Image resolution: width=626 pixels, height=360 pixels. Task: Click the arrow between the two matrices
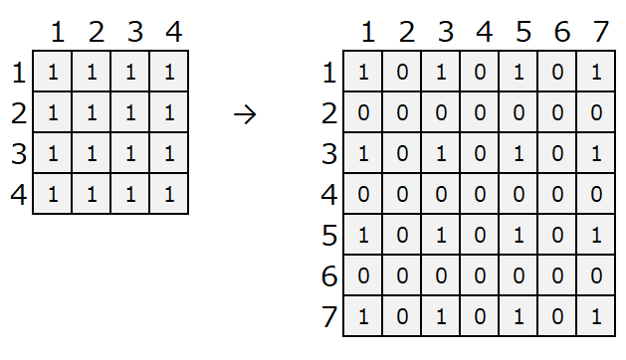coord(245,115)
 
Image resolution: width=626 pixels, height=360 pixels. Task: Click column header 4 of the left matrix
coord(174,32)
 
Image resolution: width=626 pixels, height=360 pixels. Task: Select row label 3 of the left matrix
coord(19,154)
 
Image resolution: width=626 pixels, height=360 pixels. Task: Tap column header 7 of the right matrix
coord(600,32)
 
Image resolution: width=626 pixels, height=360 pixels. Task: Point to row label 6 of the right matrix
coord(329,276)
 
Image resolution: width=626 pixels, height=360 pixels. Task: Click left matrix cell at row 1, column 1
coord(53,72)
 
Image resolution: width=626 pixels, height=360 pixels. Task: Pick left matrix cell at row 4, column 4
coord(169,194)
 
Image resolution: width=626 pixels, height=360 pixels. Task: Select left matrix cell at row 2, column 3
coord(130,112)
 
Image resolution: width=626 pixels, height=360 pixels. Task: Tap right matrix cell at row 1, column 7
coord(596,72)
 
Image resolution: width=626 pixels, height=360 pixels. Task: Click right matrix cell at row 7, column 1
coord(363,316)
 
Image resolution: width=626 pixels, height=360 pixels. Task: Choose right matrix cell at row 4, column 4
coord(480,194)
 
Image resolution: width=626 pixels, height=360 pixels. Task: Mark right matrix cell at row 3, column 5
coord(519,153)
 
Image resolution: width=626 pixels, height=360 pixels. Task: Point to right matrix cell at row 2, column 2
coord(402,112)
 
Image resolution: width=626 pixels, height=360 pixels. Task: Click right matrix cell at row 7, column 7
coord(596,316)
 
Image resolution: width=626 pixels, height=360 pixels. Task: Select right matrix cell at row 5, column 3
coord(441,235)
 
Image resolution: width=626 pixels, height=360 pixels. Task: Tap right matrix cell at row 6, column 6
coord(557,275)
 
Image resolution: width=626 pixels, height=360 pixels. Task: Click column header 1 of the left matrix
coord(58,32)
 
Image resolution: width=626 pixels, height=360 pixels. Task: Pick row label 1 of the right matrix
coord(329,73)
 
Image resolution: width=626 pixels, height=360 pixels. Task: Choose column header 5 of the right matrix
coord(523,32)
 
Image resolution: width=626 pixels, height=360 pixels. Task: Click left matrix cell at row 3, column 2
coord(92,153)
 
